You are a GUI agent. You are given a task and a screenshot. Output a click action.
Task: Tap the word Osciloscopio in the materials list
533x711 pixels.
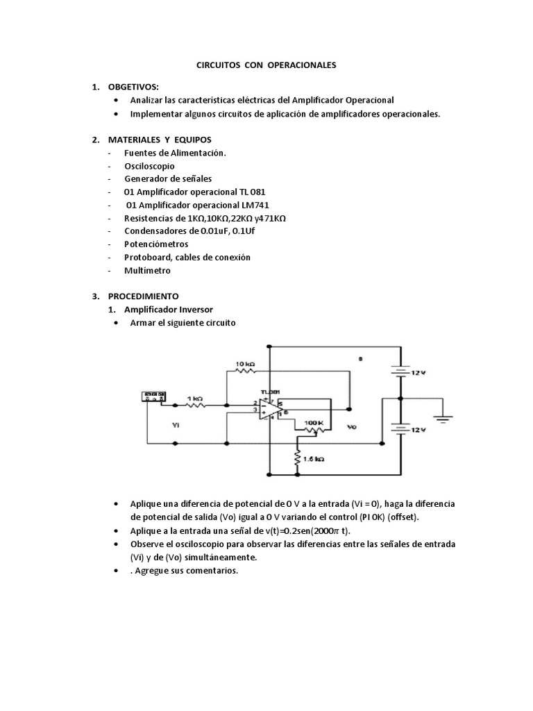(x=149, y=166)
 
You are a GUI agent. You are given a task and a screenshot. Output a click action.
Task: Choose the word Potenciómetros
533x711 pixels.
(x=159, y=244)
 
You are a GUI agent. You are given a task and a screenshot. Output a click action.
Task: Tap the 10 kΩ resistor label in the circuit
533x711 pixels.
(x=246, y=364)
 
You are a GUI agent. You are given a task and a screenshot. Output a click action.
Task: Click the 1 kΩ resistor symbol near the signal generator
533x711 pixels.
(x=195, y=405)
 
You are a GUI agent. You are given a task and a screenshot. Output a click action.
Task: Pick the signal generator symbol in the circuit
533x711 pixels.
(x=153, y=396)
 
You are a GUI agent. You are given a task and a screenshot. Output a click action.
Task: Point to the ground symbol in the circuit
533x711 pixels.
(x=442, y=418)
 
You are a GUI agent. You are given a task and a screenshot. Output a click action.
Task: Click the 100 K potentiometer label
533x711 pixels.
(x=314, y=422)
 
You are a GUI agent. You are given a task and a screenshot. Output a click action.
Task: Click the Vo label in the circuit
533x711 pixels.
(x=353, y=428)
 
